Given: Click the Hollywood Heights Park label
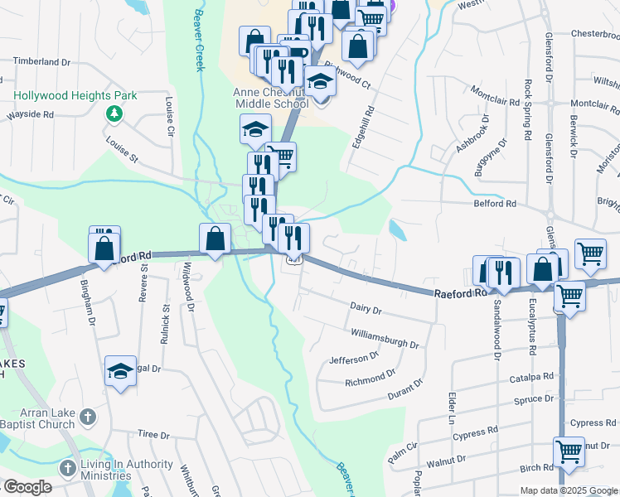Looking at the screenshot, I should click(x=75, y=95).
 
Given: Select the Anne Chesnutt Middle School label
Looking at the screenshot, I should click(x=272, y=97).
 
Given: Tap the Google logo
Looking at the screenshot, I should click(x=27, y=487).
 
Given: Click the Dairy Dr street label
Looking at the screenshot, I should click(x=366, y=311).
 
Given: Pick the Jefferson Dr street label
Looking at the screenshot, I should click(x=353, y=359).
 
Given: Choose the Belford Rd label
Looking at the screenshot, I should click(x=494, y=204).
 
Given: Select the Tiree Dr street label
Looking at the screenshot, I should click(x=153, y=435).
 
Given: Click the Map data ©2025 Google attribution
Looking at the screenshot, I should click(x=569, y=490).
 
